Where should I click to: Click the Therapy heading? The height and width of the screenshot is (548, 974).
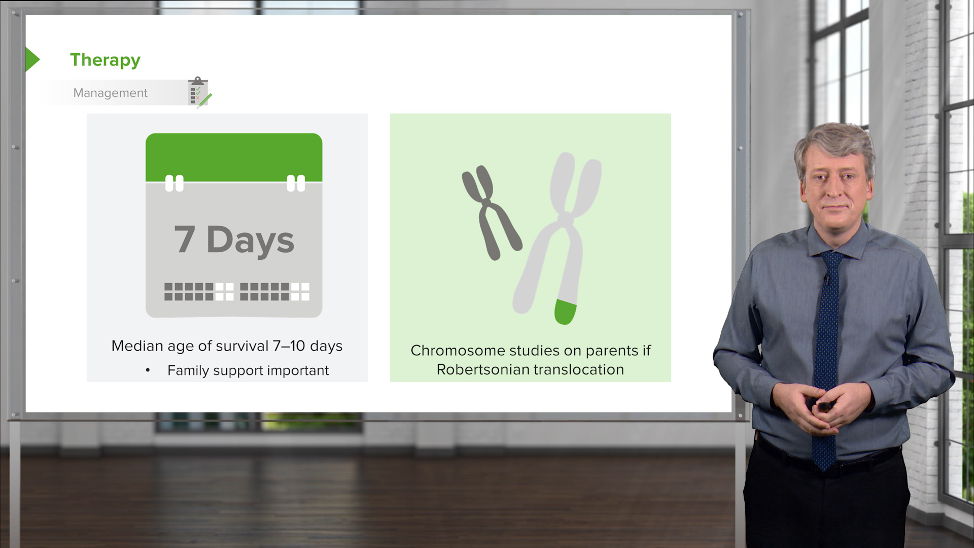105,60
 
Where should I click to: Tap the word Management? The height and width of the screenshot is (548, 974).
110,93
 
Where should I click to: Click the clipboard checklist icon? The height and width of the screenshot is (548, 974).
198,92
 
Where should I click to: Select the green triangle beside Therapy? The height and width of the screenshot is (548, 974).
32,59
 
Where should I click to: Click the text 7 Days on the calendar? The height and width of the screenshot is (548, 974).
234,239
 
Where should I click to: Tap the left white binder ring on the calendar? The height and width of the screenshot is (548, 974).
174,183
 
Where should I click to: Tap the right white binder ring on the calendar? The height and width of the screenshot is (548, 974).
296,183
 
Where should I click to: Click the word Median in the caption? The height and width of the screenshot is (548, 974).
137,346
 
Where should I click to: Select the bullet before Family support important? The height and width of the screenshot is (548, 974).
148,370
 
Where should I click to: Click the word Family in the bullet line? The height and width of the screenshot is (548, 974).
188,370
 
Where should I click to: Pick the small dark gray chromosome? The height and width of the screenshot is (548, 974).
490,212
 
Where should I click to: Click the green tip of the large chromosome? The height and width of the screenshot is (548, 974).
565,312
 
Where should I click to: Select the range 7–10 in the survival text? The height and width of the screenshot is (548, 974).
289,346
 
